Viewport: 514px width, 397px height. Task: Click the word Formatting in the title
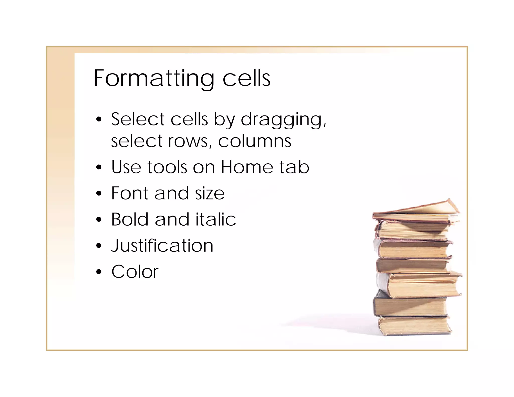154,79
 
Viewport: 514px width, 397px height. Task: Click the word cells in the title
246,79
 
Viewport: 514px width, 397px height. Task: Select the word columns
254,141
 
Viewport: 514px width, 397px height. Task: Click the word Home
247,167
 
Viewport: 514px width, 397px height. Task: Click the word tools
167,167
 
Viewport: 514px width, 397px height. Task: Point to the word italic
216,219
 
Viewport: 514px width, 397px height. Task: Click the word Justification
162,246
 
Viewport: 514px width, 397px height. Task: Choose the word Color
135,272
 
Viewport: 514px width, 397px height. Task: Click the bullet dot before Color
99,272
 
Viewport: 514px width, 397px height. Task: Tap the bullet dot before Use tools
99,167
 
